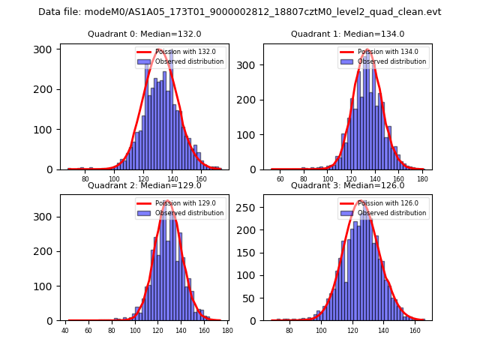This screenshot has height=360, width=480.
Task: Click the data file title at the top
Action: [240, 12]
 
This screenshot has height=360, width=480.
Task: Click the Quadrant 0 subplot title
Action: [144, 34]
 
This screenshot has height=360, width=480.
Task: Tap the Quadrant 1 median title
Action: [347, 34]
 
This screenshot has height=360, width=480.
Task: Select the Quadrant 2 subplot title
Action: [144, 185]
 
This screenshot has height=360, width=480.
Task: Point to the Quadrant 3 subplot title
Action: [347, 185]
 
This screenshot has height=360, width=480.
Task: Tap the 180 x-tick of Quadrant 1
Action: [422, 179]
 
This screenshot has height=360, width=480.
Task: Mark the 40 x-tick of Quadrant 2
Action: [65, 331]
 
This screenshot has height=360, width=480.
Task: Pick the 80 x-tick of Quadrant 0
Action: [85, 179]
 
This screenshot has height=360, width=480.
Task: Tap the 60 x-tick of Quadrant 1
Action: [280, 179]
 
